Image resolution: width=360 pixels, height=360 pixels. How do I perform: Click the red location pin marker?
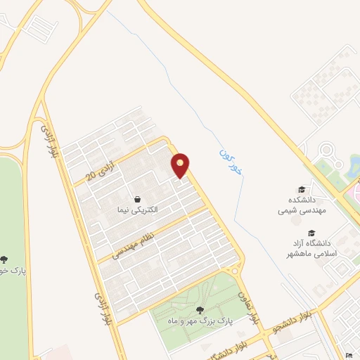click(181, 165)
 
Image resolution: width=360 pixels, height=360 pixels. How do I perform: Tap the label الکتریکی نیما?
click(138, 210)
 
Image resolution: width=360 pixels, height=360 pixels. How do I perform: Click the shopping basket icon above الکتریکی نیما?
click(138, 198)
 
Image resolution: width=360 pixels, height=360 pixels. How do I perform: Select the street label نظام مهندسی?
click(131, 240)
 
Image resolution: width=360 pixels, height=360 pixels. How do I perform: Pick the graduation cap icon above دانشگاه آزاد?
click(311, 233)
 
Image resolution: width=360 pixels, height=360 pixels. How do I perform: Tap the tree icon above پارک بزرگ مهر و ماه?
click(200, 309)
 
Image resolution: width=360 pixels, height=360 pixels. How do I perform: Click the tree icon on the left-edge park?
click(6, 259)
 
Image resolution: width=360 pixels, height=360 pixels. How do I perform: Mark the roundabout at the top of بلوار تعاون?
click(235, 271)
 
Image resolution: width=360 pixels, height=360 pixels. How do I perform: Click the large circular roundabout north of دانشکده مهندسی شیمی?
click(326, 150)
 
